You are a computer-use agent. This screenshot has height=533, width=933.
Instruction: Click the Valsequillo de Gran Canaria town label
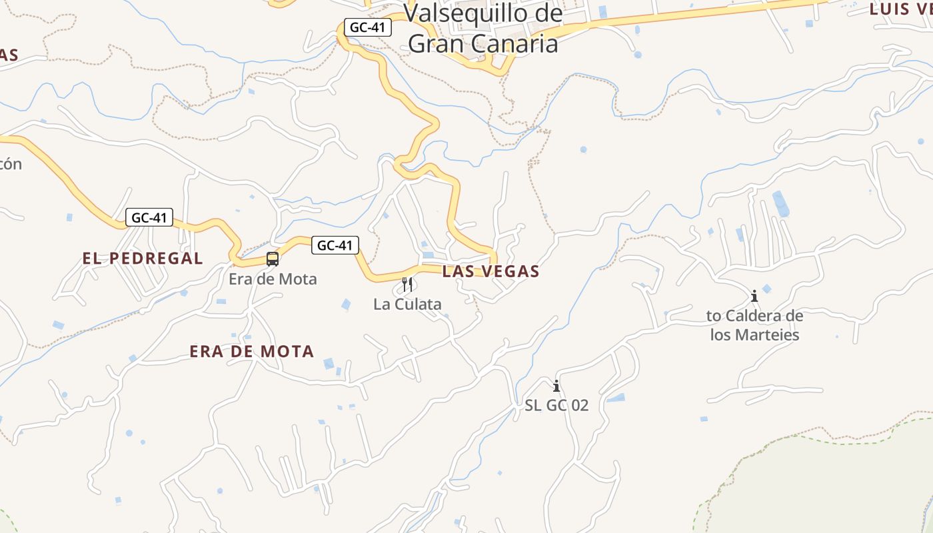pyautogui.click(x=483, y=28)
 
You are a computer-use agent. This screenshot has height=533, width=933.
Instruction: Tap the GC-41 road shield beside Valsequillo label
pyautogui.click(x=367, y=28)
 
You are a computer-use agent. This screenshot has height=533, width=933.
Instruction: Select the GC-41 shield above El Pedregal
pyautogui.click(x=149, y=217)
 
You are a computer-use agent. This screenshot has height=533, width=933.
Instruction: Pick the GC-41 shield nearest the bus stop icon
pyautogui.click(x=335, y=245)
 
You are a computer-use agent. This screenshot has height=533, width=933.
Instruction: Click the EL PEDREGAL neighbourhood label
pyautogui.click(x=143, y=259)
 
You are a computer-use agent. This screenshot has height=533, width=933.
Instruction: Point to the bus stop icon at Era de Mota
pyautogui.click(x=272, y=259)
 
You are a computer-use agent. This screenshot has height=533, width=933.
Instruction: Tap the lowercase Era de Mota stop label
pyautogui.click(x=273, y=278)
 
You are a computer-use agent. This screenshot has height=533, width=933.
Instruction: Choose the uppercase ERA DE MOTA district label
pyautogui.click(x=251, y=351)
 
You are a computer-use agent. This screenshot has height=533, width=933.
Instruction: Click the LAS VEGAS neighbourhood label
pyautogui.click(x=490, y=271)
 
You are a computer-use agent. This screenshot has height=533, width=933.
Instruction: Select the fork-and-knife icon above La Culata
pyautogui.click(x=407, y=285)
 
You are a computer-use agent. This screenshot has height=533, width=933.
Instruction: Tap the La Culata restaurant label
pyautogui.click(x=407, y=304)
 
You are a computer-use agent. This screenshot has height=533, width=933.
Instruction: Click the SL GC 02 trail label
pyautogui.click(x=556, y=405)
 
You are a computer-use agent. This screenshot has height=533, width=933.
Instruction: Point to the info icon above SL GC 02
pyautogui.click(x=556, y=386)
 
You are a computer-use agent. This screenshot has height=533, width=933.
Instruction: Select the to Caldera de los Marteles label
pyautogui.click(x=754, y=324)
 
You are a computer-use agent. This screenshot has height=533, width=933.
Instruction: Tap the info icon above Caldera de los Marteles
pyautogui.click(x=754, y=296)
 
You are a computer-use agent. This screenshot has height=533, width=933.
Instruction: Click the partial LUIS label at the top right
pyautogui.click(x=900, y=9)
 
